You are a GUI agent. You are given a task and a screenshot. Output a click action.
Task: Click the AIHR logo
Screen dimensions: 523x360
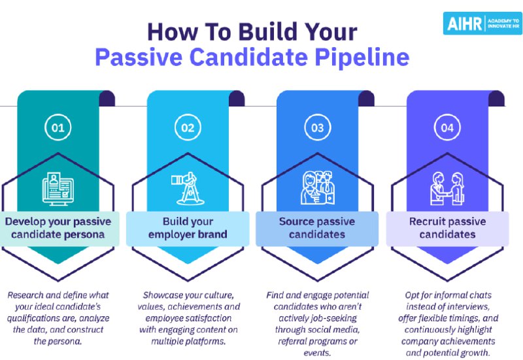pyautogui.click(x=482, y=24)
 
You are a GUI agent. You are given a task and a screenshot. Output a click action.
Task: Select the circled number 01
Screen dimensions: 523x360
pyautogui.click(x=58, y=127)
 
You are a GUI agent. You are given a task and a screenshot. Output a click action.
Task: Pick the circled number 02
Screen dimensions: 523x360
pyautogui.click(x=188, y=127)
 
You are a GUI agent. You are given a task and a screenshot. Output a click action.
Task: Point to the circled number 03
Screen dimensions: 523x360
pyautogui.click(x=318, y=127)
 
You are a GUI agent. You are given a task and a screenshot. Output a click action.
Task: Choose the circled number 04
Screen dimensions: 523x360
pyautogui.click(x=447, y=127)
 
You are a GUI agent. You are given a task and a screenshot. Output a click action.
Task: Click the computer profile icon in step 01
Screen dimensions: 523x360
pyautogui.click(x=58, y=188)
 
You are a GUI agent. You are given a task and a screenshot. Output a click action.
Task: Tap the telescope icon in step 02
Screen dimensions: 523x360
pyautogui.click(x=188, y=188)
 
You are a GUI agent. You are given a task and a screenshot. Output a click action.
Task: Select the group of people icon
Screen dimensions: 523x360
pyautogui.click(x=318, y=188)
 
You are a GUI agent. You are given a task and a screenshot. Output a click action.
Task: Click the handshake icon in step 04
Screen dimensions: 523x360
pyautogui.click(x=447, y=188)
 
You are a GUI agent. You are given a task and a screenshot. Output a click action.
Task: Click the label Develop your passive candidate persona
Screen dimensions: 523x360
pyautogui.click(x=58, y=228)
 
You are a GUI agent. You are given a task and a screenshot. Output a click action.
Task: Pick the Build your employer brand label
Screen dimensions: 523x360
pyautogui.click(x=188, y=228)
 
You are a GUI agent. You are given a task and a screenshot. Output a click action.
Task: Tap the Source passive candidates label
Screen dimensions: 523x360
pyautogui.click(x=317, y=228)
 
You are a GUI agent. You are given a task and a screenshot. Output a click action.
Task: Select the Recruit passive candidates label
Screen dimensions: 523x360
pyautogui.click(x=447, y=228)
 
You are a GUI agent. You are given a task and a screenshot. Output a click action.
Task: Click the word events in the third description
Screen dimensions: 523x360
pyautogui.click(x=317, y=353)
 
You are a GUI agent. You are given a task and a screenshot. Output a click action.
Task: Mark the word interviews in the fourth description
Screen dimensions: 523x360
pyautogui.click(x=471, y=306)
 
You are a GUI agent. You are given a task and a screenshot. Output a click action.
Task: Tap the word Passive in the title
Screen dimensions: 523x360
pyautogui.click(x=139, y=57)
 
